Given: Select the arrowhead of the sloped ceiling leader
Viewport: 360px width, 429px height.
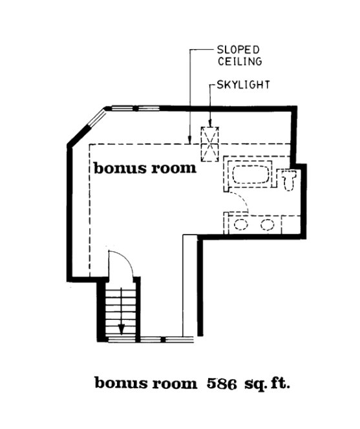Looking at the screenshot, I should tap(187, 140).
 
